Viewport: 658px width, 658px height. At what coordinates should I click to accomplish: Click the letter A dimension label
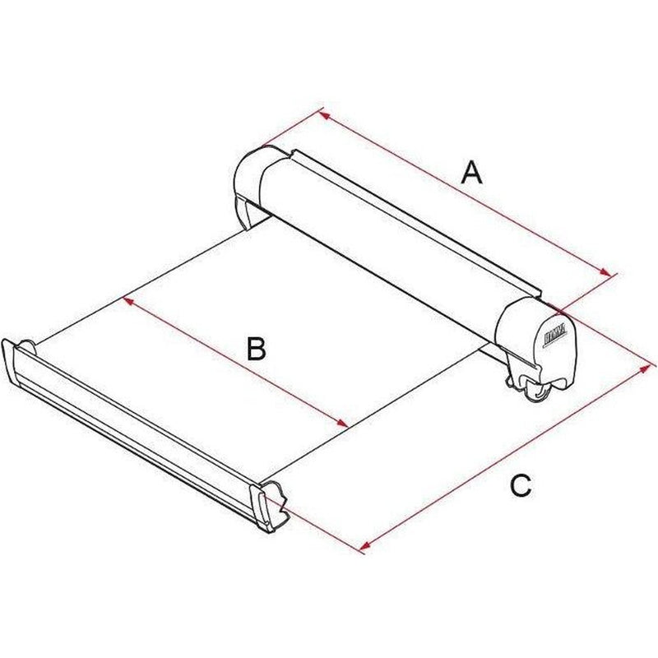(x=470, y=173)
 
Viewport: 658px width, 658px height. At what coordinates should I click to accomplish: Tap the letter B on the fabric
(x=257, y=350)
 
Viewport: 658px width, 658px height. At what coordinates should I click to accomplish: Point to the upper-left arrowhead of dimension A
(x=323, y=114)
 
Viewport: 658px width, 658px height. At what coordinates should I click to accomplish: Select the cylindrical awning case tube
(x=395, y=239)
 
